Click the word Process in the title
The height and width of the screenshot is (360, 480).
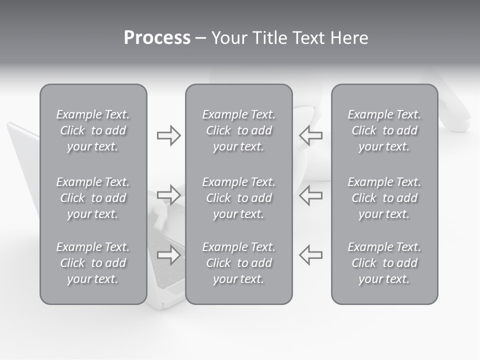coord(157,38)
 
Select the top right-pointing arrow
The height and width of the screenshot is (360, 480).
coord(169,135)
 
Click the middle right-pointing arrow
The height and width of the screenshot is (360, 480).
coord(169,194)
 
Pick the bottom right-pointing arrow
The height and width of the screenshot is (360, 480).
coord(169,254)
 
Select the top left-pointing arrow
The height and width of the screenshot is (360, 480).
coord(310,135)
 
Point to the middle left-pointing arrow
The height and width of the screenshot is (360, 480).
coord(310,194)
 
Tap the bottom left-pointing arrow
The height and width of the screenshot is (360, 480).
coord(310,254)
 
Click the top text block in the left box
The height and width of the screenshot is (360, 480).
coord(93,130)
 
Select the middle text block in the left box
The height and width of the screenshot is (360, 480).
coord(93,198)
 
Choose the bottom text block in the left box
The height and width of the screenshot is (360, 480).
coord(93,263)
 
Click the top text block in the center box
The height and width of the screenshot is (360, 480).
coord(238,130)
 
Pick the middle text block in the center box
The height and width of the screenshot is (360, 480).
coord(238,198)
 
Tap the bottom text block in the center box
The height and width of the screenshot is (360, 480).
coord(238,263)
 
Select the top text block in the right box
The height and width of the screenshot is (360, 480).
coord(384,130)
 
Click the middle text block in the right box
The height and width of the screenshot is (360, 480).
coord(384,198)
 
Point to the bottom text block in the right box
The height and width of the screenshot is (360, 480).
coord(384,263)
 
